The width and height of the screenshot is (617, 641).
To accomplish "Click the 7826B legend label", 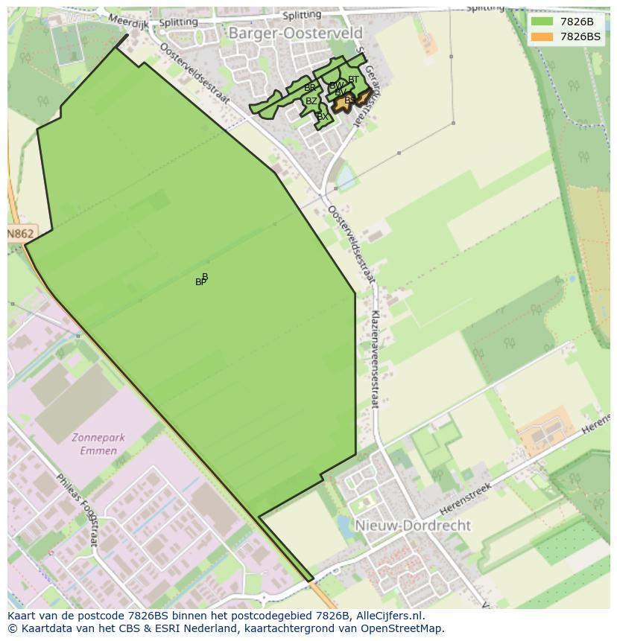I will click(577, 22).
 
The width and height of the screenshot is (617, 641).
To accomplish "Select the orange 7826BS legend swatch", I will click(542, 36).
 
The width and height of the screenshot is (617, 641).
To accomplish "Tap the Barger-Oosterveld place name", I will click(295, 34).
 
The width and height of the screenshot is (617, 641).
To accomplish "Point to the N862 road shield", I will click(21, 234).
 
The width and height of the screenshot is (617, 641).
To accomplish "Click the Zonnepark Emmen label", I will click(95, 444).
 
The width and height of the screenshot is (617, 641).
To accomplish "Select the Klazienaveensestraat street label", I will click(374, 359).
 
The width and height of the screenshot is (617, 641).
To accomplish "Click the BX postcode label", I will click(322, 117).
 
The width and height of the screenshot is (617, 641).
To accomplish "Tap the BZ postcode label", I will click(311, 101).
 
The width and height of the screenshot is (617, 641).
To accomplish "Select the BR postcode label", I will click(309, 88).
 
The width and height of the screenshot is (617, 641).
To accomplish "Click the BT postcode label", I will click(353, 80).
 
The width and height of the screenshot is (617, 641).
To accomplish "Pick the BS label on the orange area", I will click(349, 100).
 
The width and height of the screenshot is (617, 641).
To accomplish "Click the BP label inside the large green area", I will click(200, 282).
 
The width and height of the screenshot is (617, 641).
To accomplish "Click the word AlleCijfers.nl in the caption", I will click(390, 616).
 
